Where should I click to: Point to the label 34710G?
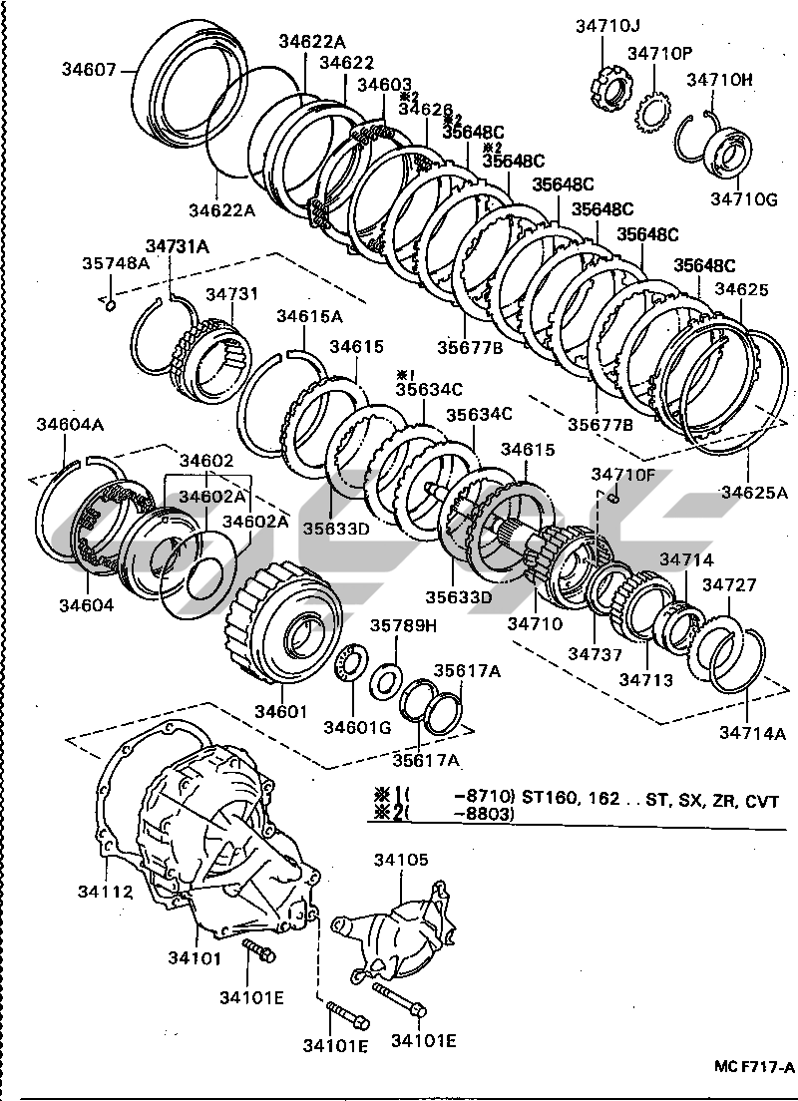tap(743, 199)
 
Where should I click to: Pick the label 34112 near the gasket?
tap(104, 891)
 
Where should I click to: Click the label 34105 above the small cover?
tap(401, 859)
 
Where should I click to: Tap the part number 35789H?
tap(404, 625)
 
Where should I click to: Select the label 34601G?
tap(357, 726)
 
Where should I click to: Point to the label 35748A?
tap(116, 263)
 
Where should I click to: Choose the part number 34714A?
tap(753, 734)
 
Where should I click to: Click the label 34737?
tap(595, 655)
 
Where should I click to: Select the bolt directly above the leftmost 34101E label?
tap(260, 953)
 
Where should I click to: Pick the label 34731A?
tap(177, 245)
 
